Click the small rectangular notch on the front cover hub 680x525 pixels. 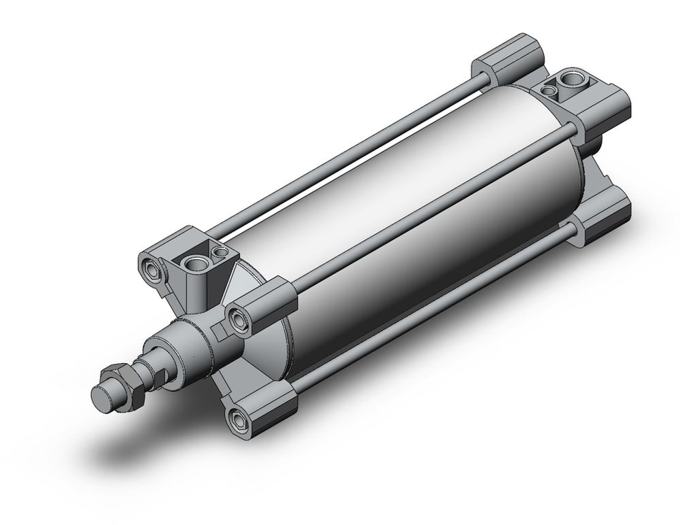[x=219, y=331]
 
